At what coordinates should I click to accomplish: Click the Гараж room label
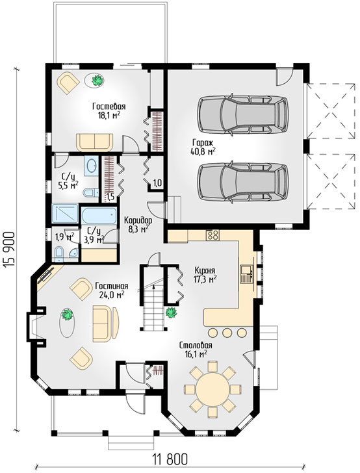[203, 142]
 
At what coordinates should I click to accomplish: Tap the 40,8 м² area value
[203, 151]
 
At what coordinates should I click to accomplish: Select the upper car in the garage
[242, 114]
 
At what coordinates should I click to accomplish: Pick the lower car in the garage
[242, 182]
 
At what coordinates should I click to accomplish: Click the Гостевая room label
[109, 107]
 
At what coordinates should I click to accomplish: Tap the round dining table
[212, 389]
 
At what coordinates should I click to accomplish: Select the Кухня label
[205, 270]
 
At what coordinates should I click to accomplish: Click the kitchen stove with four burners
[212, 235]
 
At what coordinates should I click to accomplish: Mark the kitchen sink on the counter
[246, 274]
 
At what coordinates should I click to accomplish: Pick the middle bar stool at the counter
[227, 333]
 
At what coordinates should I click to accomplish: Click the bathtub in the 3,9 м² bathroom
[99, 216]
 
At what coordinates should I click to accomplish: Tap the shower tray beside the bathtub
[65, 213]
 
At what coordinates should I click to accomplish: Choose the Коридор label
[138, 220]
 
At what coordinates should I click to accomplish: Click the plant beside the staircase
[171, 313]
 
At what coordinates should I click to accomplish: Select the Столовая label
[196, 345]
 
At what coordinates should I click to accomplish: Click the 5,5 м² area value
[68, 185]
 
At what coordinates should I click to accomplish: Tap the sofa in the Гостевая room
[94, 142]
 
